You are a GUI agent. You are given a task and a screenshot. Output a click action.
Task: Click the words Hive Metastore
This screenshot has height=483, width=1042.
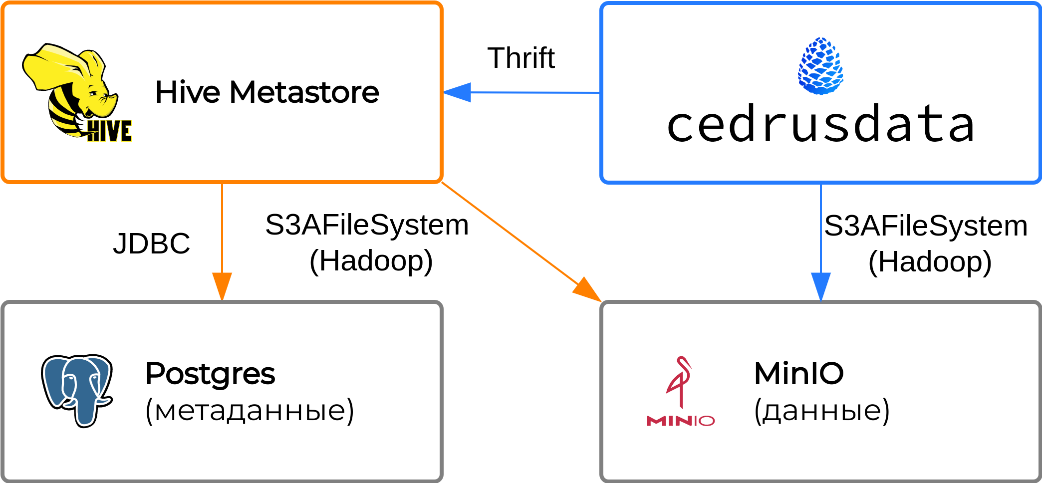click(x=267, y=92)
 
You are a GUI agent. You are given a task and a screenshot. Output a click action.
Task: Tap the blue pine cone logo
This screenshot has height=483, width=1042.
click(x=820, y=66)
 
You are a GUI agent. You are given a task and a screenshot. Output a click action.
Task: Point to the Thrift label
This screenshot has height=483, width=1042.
click(x=521, y=58)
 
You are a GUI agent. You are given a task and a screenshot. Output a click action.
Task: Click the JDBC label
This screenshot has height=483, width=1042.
click(x=151, y=243)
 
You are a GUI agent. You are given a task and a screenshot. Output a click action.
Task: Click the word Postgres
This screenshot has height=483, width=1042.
click(x=210, y=374)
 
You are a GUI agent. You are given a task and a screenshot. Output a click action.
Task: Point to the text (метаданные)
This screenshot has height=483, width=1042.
click(x=250, y=410)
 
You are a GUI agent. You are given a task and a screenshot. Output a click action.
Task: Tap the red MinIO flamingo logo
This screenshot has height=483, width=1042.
click(x=680, y=382)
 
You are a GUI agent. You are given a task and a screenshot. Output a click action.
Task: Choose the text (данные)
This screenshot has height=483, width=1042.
click(x=821, y=410)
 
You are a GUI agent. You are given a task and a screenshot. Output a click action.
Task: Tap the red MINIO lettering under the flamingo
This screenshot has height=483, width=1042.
click(x=680, y=421)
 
